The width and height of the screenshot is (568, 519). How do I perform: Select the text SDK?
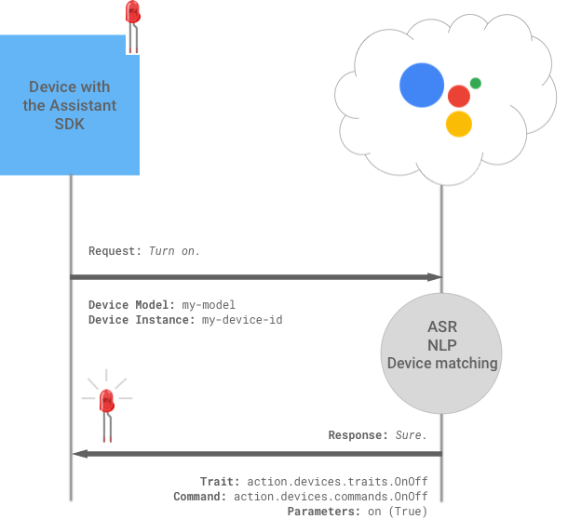click(x=70, y=124)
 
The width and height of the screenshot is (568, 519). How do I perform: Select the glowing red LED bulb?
click(x=106, y=400)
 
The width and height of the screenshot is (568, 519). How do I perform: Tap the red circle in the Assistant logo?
click(x=458, y=96)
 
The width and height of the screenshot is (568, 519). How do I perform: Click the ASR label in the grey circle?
click(x=442, y=327)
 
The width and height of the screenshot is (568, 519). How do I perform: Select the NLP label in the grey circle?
click(x=442, y=345)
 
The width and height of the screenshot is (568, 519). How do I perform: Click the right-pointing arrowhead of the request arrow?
click(x=434, y=277)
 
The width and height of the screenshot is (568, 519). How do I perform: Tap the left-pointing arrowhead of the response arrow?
click(x=78, y=454)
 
